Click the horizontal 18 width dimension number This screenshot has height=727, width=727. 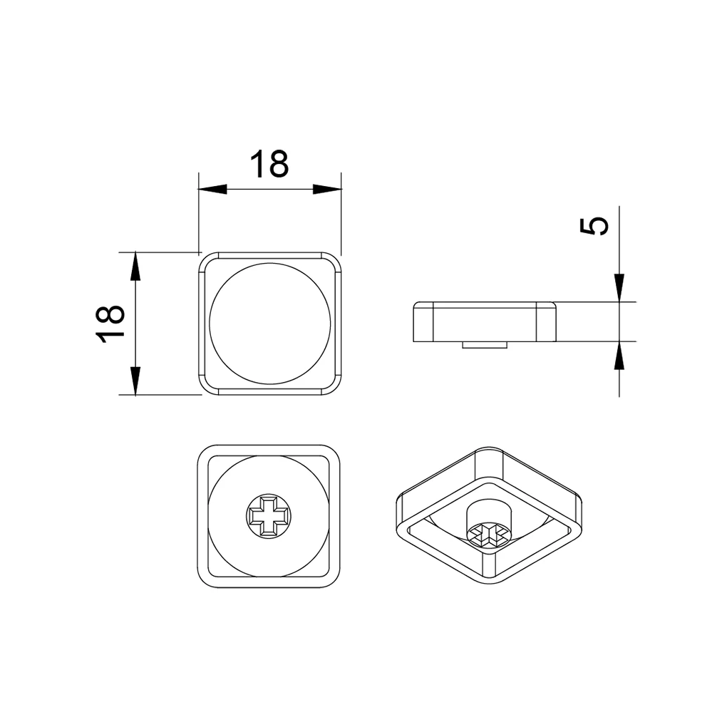pos(269,164)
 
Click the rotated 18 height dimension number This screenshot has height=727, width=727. pos(110,324)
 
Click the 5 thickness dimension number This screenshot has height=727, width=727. pos(594,227)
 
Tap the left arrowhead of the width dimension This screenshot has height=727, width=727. pos(212,189)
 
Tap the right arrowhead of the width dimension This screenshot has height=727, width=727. pos(327,189)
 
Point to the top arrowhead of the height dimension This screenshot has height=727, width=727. pos(135,266)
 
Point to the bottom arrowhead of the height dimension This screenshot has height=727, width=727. pos(135,381)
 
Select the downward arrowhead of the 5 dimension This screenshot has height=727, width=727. pos(619,288)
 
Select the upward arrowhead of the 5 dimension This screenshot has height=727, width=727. pos(619,356)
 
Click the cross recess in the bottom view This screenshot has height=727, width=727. pos(269,515)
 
